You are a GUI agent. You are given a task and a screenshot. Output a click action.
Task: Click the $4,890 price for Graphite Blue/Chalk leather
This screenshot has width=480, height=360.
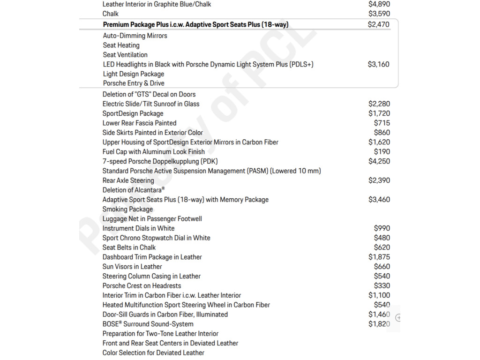[x=379, y=4]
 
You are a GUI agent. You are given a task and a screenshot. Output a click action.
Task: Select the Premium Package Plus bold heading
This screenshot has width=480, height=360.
[x=195, y=24]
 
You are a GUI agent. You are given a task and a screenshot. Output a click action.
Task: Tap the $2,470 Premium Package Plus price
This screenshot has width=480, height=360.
[x=378, y=24]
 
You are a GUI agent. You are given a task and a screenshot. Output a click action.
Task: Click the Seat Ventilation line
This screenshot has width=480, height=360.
[x=125, y=55]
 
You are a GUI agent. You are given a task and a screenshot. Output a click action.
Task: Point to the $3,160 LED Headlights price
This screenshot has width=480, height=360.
[x=378, y=64]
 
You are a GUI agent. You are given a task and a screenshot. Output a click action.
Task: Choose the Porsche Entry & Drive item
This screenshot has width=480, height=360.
[x=134, y=83]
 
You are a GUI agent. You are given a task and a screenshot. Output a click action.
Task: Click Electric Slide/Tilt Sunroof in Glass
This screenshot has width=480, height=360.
[x=151, y=104]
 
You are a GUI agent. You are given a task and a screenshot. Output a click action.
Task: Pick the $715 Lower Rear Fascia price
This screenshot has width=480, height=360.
[x=382, y=123]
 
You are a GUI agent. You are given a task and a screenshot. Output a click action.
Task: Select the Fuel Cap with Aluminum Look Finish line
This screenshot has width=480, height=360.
[x=154, y=152]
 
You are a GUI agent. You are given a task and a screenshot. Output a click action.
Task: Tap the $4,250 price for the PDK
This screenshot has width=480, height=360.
[x=379, y=161]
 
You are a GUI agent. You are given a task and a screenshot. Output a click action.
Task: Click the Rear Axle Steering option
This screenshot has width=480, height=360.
[x=128, y=180]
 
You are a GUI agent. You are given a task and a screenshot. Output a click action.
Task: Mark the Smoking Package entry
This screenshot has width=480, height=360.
[x=127, y=209]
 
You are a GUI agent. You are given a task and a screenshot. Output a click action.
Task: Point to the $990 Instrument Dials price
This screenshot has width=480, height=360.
[x=382, y=228]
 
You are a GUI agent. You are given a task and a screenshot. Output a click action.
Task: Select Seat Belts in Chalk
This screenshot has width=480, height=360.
[x=129, y=247]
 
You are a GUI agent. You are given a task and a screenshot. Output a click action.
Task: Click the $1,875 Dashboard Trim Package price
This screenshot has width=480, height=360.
[x=379, y=257]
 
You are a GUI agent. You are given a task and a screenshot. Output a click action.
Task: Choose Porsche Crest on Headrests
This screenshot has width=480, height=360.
[x=142, y=286]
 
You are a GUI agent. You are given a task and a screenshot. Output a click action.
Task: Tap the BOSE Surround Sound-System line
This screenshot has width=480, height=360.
[x=148, y=324]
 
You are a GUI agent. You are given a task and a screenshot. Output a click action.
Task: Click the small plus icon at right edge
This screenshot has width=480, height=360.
[x=398, y=318]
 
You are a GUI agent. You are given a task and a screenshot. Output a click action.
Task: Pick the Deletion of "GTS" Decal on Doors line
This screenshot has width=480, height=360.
[x=149, y=94]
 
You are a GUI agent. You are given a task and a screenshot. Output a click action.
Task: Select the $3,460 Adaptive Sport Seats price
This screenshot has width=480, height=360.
[x=379, y=200]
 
